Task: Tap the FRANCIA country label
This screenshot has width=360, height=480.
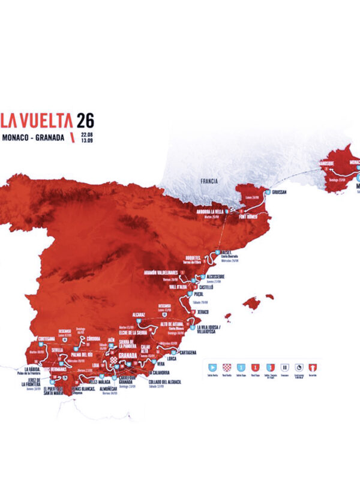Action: click(x=210, y=180)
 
